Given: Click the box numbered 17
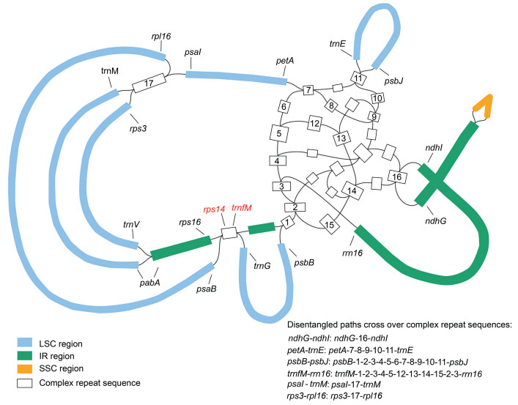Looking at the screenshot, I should pos(149,83).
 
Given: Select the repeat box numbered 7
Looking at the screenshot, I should pos(308,90).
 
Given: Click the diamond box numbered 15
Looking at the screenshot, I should pos(330,225).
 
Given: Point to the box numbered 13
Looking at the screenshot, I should pos(341,138).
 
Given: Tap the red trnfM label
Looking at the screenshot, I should pos(242,208).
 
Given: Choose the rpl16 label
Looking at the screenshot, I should pos(162,36).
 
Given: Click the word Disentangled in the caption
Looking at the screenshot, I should pos(316,324).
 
